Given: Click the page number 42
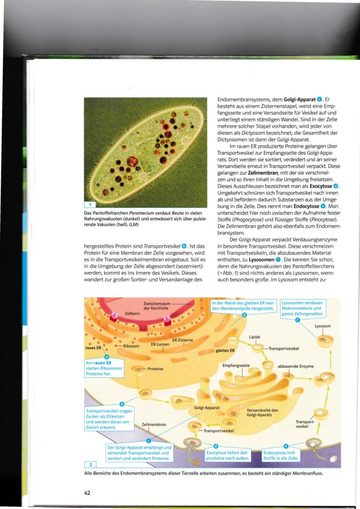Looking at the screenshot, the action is (87, 492).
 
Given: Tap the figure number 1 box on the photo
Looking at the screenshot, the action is (88, 204).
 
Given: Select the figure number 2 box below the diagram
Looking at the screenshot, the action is (88, 465).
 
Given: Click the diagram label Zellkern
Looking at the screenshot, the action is (132, 313).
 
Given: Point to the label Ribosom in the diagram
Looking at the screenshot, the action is (131, 346).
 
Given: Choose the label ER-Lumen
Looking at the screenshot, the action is (160, 344).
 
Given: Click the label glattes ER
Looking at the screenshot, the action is (225, 350).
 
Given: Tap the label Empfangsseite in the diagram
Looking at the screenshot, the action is (236, 365).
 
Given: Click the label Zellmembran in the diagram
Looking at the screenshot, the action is (154, 424).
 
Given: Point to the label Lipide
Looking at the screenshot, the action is (255, 337).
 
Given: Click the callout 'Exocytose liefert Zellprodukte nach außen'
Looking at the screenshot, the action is (222, 455).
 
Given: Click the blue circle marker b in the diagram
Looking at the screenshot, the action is (122, 404).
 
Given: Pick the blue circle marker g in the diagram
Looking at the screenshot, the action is (244, 315).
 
